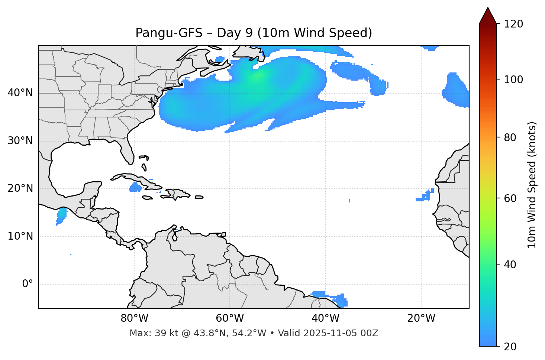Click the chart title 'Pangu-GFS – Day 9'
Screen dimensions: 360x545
[254, 33]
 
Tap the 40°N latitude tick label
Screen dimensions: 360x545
[20, 93]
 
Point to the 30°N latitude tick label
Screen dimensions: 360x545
[20, 141]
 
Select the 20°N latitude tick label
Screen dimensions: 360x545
[20, 188]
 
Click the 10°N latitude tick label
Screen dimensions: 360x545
[20, 236]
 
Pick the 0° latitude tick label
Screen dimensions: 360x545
[28, 284]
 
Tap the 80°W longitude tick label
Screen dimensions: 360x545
[134, 318]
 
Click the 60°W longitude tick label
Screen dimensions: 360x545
[230, 318]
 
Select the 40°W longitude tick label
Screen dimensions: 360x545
[325, 318]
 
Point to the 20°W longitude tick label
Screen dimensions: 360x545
[421, 318]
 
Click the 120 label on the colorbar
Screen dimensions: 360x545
[513, 24]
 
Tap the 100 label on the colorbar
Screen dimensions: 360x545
[513, 80]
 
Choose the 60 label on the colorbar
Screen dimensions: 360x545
[511, 198]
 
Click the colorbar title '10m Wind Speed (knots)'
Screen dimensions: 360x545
[532, 185]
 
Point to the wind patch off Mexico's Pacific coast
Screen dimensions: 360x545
[61, 215]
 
